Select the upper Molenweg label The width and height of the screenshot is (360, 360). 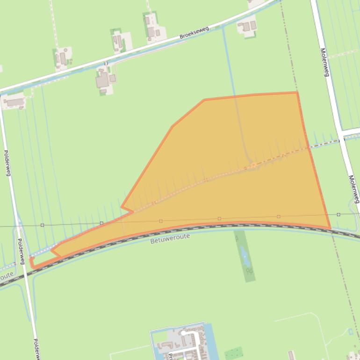pos(325,62)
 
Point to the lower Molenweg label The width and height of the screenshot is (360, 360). pos(354,189)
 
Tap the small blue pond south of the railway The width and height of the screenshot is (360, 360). pos(244,255)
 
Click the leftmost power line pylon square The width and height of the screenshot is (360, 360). pos(42,225)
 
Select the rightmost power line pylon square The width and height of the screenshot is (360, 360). pos(338,215)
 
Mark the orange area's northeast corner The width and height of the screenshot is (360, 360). pos(297,93)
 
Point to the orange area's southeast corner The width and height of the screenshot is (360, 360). pos(330,229)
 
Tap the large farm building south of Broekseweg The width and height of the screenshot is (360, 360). pos(102,80)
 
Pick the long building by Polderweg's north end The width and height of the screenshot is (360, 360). pos(14,102)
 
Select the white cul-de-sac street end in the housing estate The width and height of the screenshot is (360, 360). pos(183,333)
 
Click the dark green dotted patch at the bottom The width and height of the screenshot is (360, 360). pos(233,353)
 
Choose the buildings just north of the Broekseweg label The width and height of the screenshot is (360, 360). pos(246,26)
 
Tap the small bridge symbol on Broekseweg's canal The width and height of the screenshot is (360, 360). pos(106,63)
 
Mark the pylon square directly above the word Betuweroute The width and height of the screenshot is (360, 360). pos(161,221)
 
